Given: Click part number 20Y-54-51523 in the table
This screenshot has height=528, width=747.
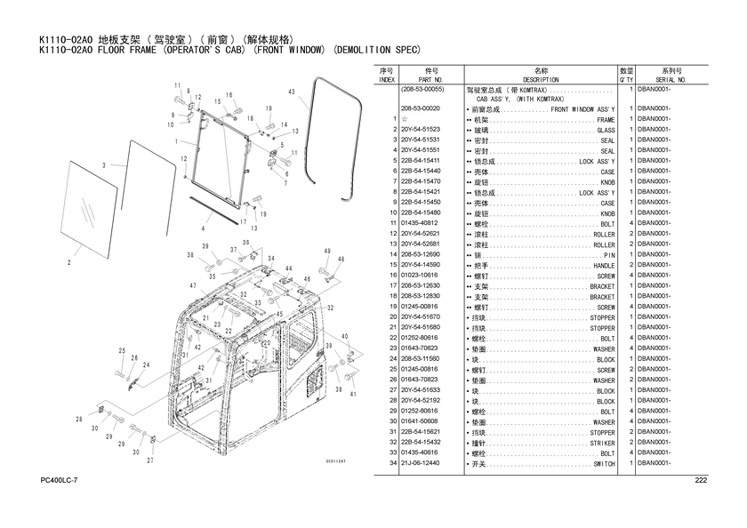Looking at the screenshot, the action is point(420,130).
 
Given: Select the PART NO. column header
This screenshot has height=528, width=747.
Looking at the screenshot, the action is point(430,80).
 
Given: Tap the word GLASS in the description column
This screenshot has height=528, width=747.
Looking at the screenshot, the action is point(606,130).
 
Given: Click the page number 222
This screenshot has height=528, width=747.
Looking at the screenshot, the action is point(701,480).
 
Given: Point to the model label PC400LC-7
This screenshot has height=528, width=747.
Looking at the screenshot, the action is point(59,480).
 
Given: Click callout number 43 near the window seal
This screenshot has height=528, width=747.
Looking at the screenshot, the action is point(292,92).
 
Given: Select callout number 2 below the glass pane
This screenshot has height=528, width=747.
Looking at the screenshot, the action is point(69,262).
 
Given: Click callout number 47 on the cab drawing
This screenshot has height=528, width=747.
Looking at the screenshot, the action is point(193,286).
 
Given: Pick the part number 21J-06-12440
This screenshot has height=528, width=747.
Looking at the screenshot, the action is point(420,463).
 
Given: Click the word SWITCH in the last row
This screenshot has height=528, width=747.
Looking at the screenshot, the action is point(604,464).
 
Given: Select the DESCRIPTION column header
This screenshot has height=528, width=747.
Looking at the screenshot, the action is point(541,80).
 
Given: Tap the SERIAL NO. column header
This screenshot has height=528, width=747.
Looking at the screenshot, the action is point(671,80).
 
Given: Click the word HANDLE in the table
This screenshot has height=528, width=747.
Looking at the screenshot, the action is point(604,266).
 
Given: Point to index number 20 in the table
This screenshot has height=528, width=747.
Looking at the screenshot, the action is point(393,316).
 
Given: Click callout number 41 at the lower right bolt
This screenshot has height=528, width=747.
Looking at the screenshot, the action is point(353,394).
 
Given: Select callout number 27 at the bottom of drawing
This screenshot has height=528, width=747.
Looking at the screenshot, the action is point(150,460).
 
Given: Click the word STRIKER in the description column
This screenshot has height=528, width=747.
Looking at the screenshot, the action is point(603,443).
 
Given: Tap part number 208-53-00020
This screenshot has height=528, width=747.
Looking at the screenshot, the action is point(420,108).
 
